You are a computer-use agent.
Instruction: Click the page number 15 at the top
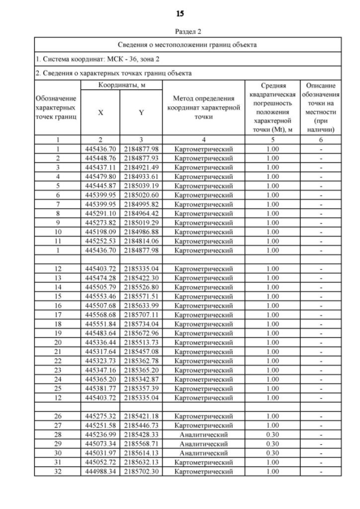180,13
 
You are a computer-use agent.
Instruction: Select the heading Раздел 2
180,32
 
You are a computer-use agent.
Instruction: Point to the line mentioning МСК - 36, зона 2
91,58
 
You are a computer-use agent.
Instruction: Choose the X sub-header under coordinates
101,112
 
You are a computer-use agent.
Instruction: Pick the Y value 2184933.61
141,176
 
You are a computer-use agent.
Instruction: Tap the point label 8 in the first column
58,213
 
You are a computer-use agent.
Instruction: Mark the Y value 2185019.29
141,222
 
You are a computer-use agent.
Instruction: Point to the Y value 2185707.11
141,314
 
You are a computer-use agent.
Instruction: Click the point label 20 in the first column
58,342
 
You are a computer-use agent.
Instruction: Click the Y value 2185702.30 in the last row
141,471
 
